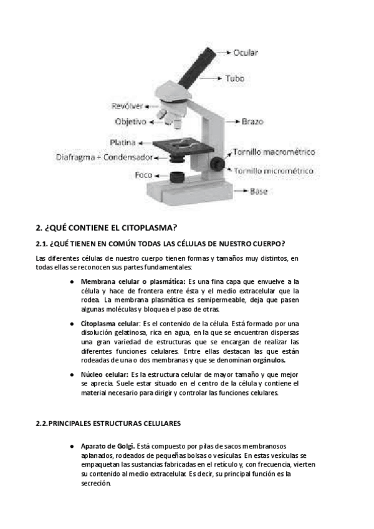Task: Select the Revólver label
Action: [127, 105]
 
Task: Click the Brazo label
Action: [252, 121]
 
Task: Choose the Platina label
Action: [122, 142]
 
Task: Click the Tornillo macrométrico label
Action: [274, 152]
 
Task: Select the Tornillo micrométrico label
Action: [274, 170]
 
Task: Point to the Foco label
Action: [144, 175]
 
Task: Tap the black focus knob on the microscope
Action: [218, 163]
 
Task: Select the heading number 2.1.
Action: [42, 243]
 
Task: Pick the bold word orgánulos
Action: [265, 360]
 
